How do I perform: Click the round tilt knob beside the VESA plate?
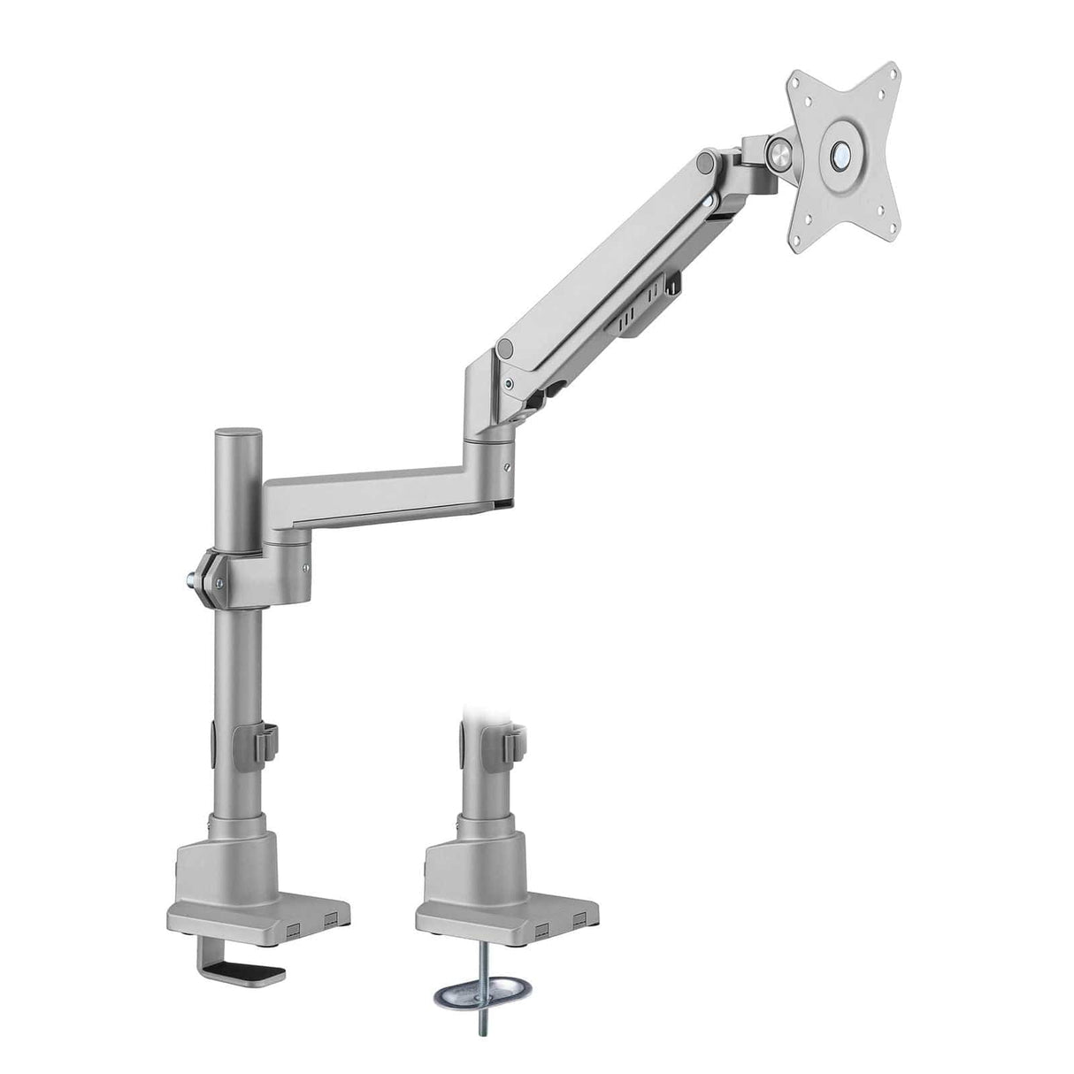(780, 151)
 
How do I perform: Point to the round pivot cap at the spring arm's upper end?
(706, 161)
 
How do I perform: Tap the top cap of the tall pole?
(238, 433)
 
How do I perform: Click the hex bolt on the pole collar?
(193, 581)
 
